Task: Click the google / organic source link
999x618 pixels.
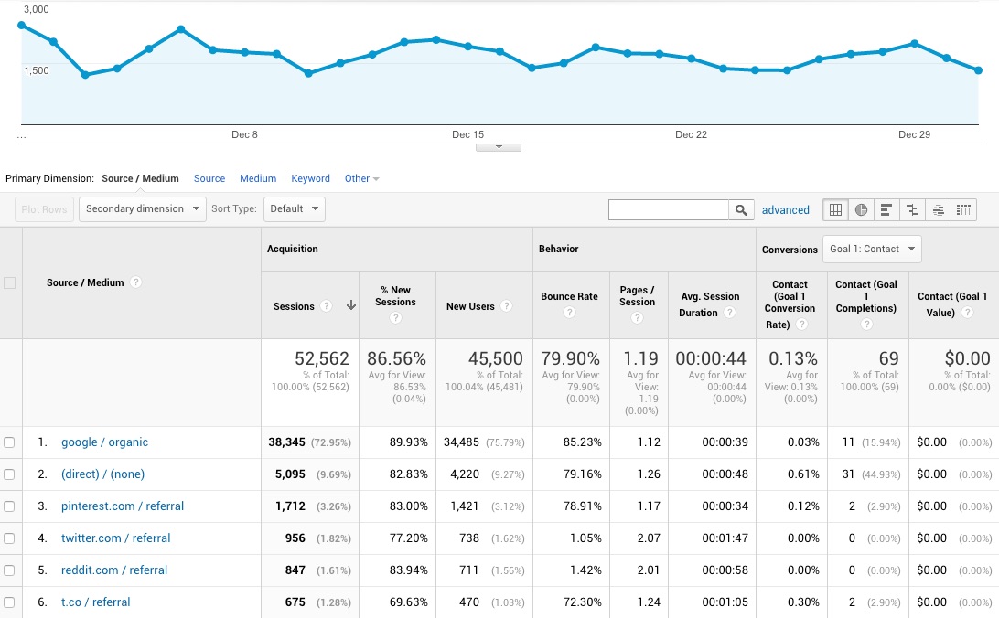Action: pyautogui.click(x=104, y=442)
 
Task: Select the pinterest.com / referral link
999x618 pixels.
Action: pyautogui.click(x=123, y=506)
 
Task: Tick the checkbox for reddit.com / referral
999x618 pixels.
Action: pyautogui.click(x=9, y=570)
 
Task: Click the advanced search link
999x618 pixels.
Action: pyautogui.click(x=785, y=210)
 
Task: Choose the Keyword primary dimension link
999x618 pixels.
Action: pyautogui.click(x=310, y=179)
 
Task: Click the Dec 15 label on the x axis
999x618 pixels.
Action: pyautogui.click(x=467, y=135)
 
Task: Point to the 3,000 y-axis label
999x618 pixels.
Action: pyautogui.click(x=37, y=9)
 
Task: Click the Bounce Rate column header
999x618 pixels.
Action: pyautogui.click(x=569, y=297)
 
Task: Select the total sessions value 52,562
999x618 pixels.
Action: pyautogui.click(x=322, y=359)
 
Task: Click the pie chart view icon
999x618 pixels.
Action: pyautogui.click(x=861, y=210)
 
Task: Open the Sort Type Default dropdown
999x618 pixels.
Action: pyautogui.click(x=294, y=209)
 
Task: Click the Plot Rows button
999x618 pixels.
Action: pyautogui.click(x=44, y=209)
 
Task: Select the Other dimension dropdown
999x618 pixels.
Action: pyautogui.click(x=361, y=179)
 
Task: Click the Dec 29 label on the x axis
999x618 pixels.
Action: pyautogui.click(x=914, y=135)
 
